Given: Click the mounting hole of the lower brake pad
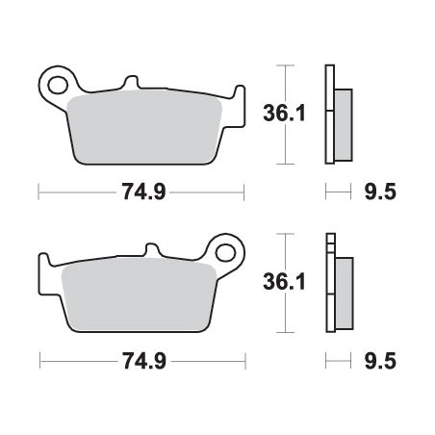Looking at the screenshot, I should [227, 253].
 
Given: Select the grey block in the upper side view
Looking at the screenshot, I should [344, 113].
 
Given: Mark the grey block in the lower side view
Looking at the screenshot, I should [344, 283].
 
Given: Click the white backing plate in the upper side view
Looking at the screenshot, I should [330, 113].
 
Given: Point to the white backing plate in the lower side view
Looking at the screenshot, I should [330, 283].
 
